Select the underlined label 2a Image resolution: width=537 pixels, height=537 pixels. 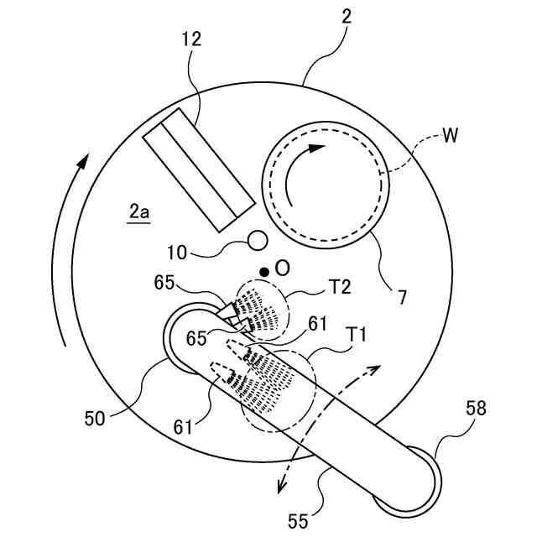click(x=139, y=213)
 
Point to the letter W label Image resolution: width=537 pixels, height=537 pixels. click(x=451, y=136)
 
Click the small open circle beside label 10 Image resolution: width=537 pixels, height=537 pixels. click(x=257, y=241)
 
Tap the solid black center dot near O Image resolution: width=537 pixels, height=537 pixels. click(x=264, y=271)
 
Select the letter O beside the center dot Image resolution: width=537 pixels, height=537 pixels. click(x=282, y=268)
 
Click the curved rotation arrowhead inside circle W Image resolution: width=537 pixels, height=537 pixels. click(x=315, y=149)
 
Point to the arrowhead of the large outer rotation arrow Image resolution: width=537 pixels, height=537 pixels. click(x=81, y=159)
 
